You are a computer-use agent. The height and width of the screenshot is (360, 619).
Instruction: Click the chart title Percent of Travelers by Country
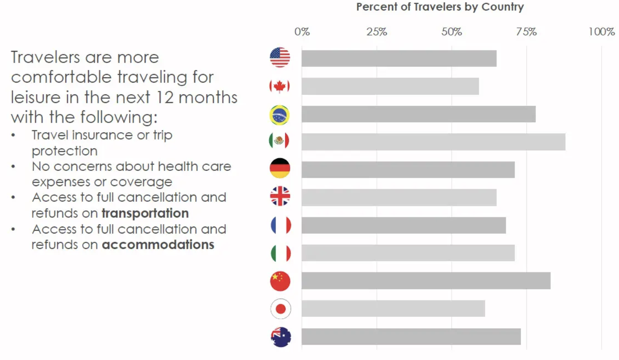[440, 7]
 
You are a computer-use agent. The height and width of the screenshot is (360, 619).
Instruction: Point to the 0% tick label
[302, 32]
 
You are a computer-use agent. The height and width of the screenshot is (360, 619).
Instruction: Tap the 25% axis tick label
[376, 32]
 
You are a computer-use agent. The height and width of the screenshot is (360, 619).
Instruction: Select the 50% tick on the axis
[452, 32]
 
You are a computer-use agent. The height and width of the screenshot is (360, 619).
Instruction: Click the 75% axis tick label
[526, 32]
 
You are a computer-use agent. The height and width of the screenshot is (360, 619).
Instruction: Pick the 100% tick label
[602, 32]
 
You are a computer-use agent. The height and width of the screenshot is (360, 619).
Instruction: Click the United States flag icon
[280, 58]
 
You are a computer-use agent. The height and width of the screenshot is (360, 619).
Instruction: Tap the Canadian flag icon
[280, 87]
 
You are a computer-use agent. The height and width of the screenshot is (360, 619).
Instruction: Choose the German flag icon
[280, 168]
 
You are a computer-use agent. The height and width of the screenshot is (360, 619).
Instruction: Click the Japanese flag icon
[280, 309]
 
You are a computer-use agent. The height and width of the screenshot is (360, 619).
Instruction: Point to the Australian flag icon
[280, 337]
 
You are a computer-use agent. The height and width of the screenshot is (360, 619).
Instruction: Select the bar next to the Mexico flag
[433, 142]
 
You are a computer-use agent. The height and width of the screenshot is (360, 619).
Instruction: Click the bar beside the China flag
[426, 281]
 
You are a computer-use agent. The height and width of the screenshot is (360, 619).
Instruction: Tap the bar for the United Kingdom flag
[399, 197]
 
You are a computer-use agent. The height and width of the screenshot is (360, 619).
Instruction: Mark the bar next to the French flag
[404, 225]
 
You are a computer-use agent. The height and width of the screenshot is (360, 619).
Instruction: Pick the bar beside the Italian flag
[408, 253]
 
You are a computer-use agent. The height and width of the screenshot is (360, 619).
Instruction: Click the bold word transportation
[145, 213]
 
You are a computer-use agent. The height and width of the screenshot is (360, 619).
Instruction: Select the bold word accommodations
[158, 244]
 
